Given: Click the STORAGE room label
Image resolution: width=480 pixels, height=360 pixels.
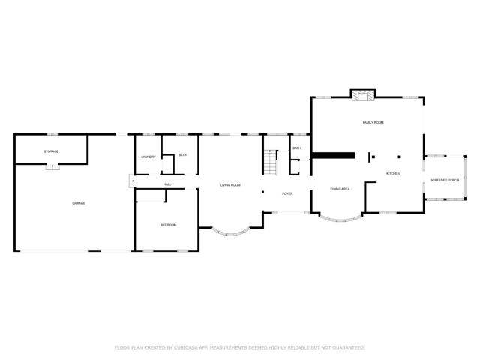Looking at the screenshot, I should (x=51, y=151).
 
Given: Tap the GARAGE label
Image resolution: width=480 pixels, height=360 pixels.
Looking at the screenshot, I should (x=78, y=204).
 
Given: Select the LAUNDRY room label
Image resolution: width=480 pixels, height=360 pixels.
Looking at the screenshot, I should (x=148, y=157).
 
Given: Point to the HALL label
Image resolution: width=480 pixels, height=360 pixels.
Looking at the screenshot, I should (x=167, y=184).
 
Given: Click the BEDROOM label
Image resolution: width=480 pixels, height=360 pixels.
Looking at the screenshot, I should (x=168, y=225).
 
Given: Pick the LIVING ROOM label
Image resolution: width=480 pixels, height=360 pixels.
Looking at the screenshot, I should (x=230, y=184).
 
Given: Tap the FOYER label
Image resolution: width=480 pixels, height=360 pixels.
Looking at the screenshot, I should (x=287, y=193).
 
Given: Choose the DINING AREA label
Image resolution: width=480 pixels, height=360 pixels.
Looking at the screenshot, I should (x=340, y=189).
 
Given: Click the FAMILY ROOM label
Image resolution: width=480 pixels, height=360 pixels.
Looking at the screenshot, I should (x=373, y=121).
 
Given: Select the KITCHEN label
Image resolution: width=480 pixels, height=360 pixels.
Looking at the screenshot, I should (x=393, y=174).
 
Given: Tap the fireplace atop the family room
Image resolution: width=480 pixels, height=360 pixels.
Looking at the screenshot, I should (x=363, y=94).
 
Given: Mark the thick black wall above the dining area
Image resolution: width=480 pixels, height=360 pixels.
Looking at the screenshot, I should (x=333, y=155).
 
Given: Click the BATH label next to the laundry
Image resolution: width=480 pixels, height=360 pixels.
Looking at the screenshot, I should (x=182, y=154).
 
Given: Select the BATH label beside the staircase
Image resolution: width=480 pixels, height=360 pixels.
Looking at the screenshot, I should (x=297, y=148).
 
